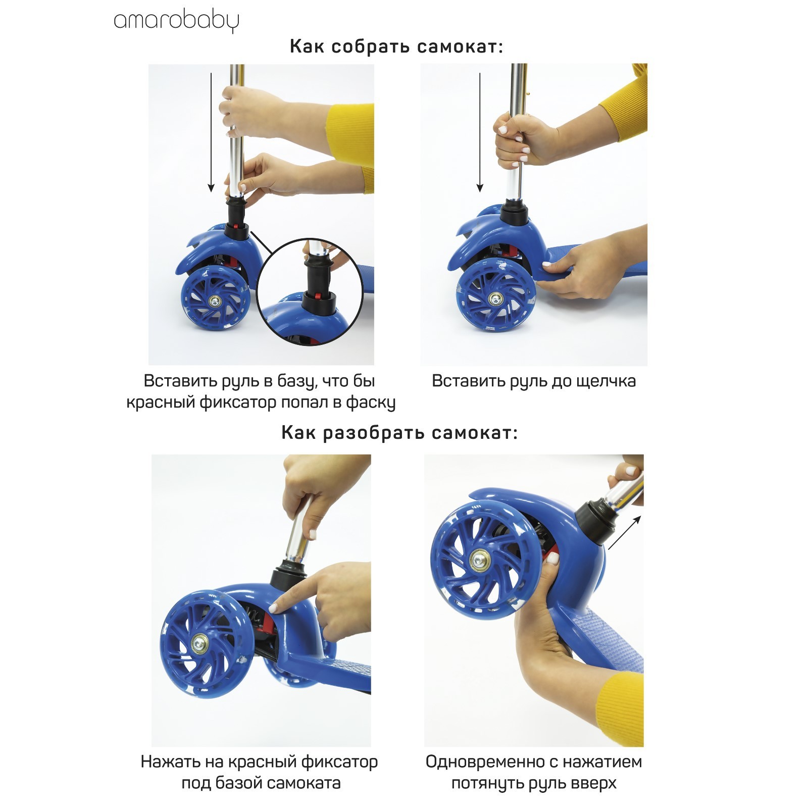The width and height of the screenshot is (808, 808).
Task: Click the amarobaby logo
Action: [176, 22]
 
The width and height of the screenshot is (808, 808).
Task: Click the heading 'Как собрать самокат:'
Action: [397, 47]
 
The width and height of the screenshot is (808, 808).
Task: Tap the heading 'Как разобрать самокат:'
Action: [399, 433]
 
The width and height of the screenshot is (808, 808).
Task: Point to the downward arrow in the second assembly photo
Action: [480, 132]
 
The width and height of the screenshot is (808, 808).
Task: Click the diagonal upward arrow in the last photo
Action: [625, 532]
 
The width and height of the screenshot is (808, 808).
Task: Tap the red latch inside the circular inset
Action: [318, 295]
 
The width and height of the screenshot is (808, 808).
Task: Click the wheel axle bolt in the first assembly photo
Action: [216, 301]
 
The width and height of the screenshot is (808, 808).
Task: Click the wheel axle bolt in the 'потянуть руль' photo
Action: [477, 560]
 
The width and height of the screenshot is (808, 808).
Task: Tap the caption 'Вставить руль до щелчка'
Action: [534, 381]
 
